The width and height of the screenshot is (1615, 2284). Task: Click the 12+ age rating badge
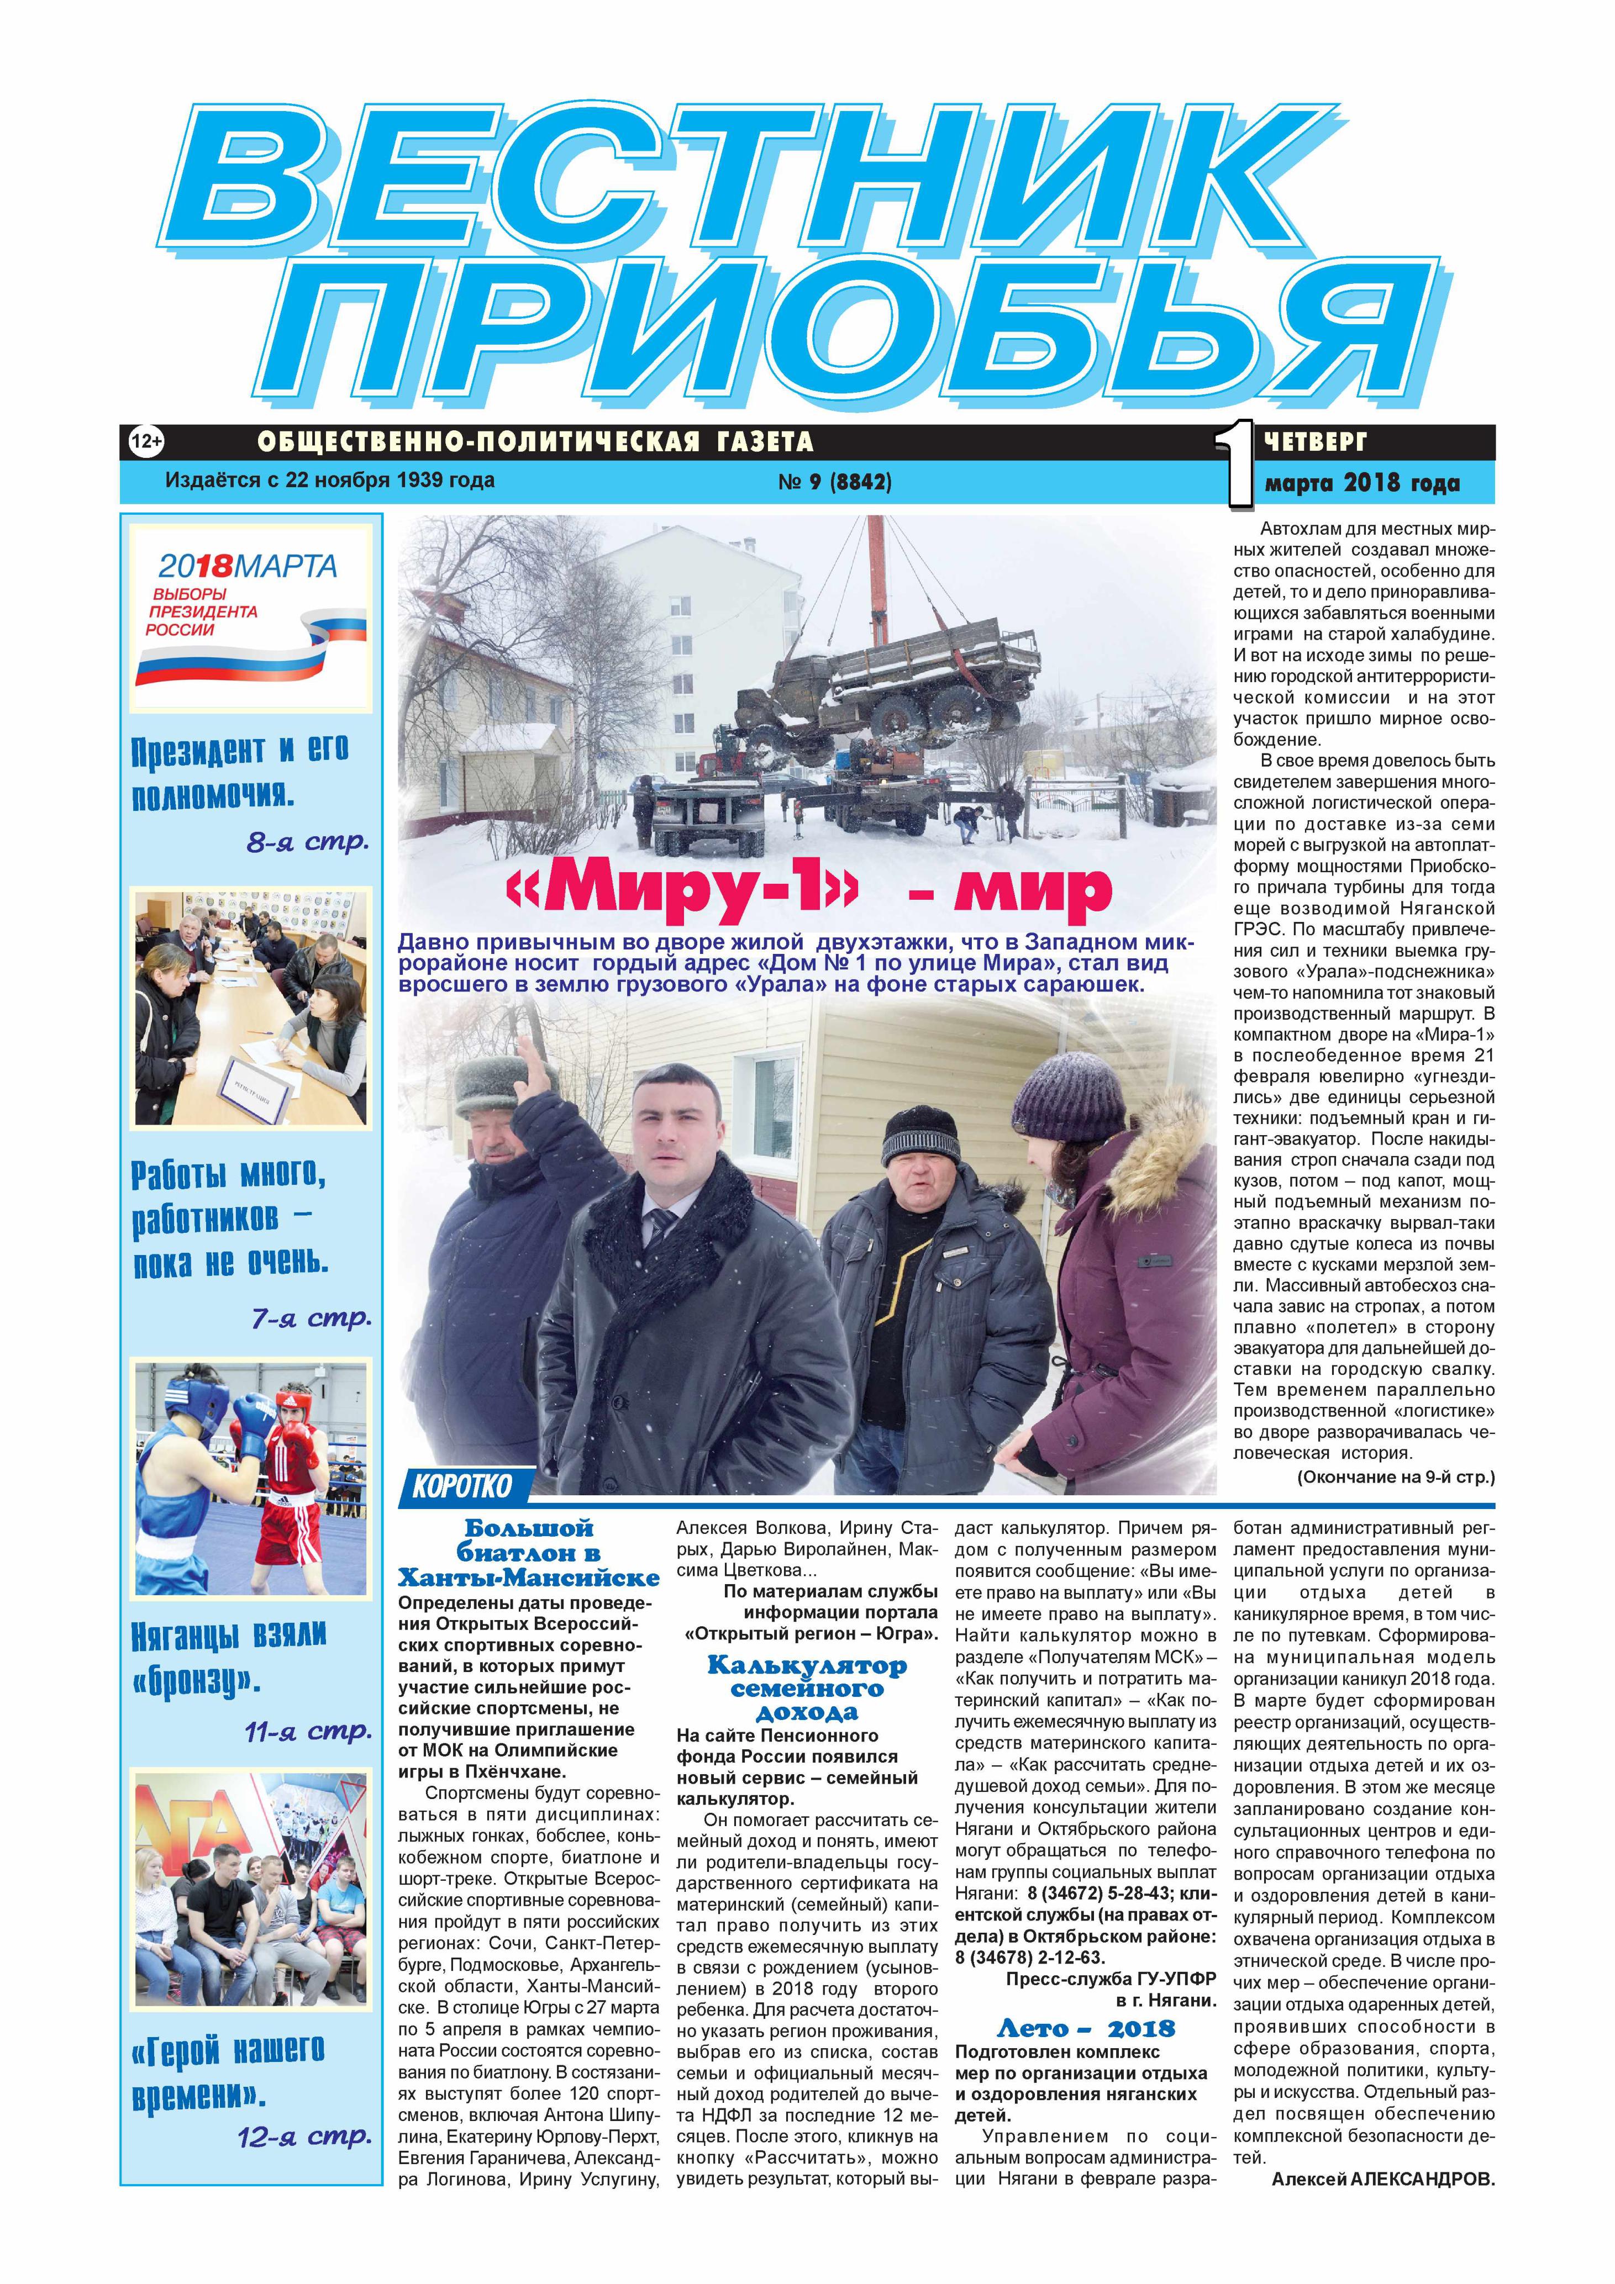tap(146, 440)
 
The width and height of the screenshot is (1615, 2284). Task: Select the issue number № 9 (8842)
tap(834, 482)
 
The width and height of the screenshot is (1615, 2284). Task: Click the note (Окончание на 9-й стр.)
tap(1395, 1477)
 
